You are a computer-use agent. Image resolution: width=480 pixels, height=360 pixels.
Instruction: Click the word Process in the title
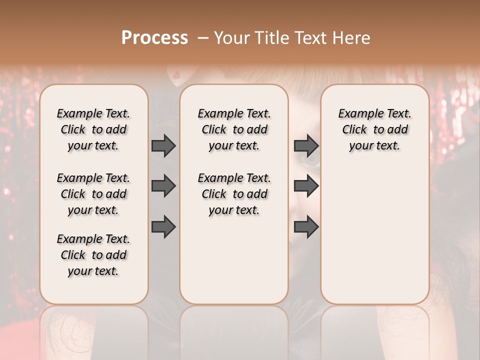tap(154, 38)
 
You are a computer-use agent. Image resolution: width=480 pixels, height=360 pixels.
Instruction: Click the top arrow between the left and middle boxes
tap(163, 146)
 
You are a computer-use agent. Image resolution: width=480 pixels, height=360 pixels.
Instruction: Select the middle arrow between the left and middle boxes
tap(163, 186)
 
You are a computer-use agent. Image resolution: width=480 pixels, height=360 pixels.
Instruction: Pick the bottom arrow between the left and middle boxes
tap(163, 226)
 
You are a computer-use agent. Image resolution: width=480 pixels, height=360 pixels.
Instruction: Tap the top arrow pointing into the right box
tap(306, 146)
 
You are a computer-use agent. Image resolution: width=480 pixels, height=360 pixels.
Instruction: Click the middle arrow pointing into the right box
tap(306, 186)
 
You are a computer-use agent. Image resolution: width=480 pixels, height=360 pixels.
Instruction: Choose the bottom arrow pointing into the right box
tap(306, 226)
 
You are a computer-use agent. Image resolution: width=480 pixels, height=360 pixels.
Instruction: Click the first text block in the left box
tap(93, 129)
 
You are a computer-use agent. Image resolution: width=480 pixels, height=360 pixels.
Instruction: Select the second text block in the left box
tap(93, 194)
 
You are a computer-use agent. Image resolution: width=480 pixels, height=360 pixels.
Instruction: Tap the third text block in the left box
tap(93, 255)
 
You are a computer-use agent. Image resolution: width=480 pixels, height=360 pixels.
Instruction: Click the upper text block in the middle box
tap(234, 129)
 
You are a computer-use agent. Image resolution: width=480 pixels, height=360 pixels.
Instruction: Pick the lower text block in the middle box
tap(234, 194)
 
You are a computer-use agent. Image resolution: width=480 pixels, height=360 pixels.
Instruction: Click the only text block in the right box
tap(374, 129)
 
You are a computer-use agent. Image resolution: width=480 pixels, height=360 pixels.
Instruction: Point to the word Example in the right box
tap(357, 114)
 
